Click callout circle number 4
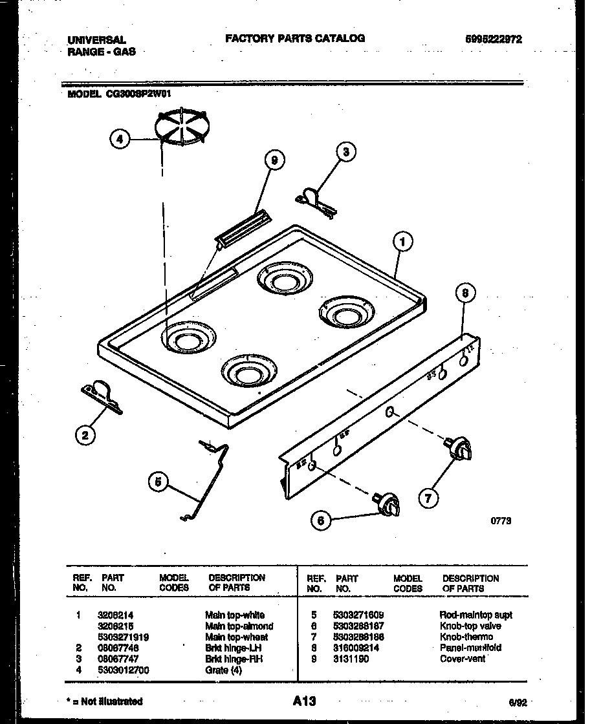[120, 139]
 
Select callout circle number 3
[346, 152]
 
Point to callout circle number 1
[402, 242]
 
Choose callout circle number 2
[84, 436]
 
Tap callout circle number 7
[427, 498]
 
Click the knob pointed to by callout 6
[388, 504]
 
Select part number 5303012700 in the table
[123, 670]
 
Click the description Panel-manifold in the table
[470, 648]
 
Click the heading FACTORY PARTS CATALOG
[295, 38]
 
